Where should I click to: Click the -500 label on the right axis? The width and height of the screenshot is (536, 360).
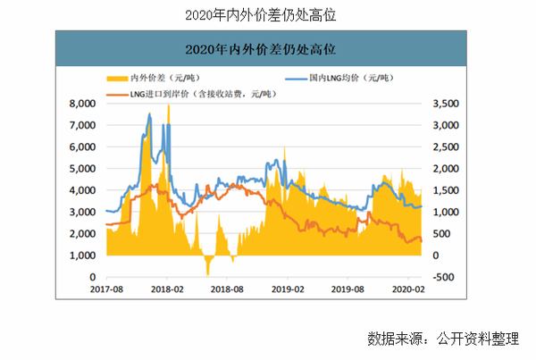point(441,277)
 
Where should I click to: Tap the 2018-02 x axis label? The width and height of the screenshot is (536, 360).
point(167,289)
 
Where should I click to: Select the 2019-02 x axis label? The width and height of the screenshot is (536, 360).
point(288,289)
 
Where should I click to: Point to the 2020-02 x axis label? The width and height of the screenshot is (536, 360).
point(408,289)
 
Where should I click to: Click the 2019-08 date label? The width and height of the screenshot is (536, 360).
point(348,289)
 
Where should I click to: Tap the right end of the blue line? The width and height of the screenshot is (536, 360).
point(422,206)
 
